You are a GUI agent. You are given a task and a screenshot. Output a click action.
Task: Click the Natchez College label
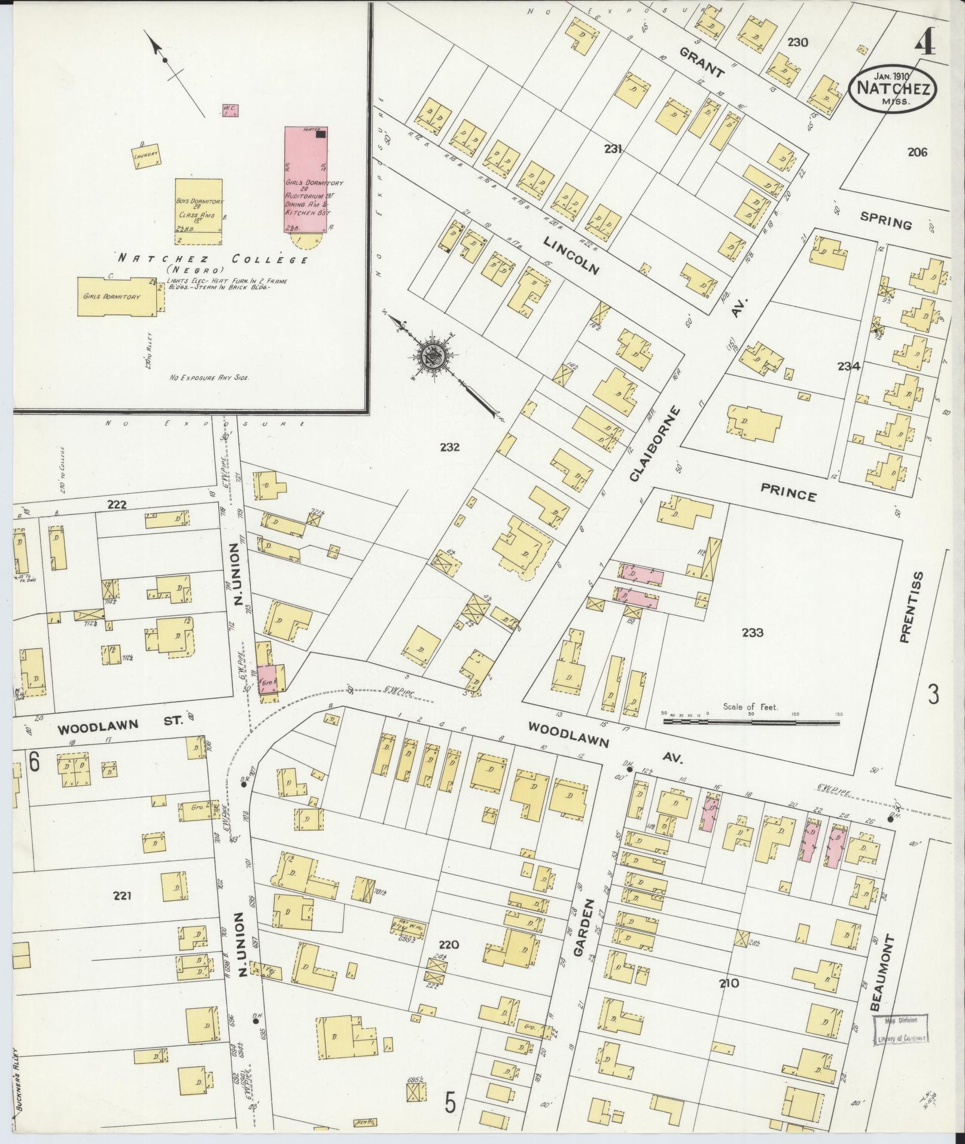pos(213,260)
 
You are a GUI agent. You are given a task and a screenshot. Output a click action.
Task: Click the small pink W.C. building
pos(230,111)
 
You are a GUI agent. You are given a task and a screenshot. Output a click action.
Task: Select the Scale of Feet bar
pos(751,722)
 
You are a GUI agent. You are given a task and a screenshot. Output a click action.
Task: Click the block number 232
pos(449,447)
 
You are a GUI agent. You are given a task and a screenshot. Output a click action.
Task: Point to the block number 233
pos(752,633)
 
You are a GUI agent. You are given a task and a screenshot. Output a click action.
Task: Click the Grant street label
pos(702,63)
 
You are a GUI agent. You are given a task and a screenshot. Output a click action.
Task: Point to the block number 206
pos(917,152)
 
